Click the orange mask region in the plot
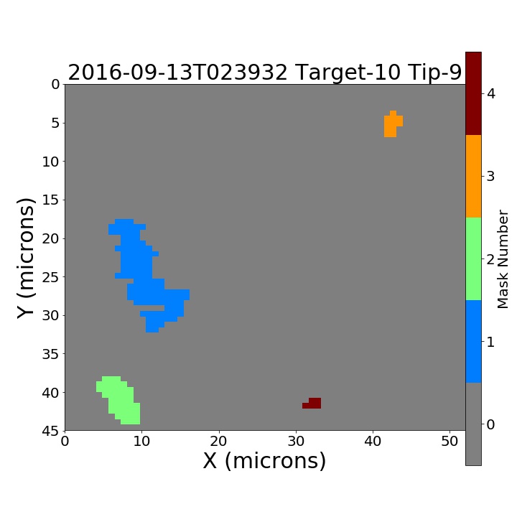point(391,125)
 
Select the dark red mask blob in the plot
point(314,404)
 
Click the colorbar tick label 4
point(491,94)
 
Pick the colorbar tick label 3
point(490,177)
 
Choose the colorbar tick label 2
point(490,259)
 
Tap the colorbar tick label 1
point(490,342)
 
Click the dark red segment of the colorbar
point(473,93)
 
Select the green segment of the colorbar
point(473,258)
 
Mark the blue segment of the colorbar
point(473,342)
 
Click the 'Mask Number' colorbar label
point(503,259)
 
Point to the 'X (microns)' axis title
point(264,460)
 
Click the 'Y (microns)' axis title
point(26,258)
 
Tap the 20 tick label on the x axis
point(218,441)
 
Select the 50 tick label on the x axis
point(450,441)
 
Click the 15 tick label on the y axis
point(51,200)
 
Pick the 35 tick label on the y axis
point(51,354)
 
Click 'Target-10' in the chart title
point(348,73)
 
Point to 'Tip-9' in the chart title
point(434,73)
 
